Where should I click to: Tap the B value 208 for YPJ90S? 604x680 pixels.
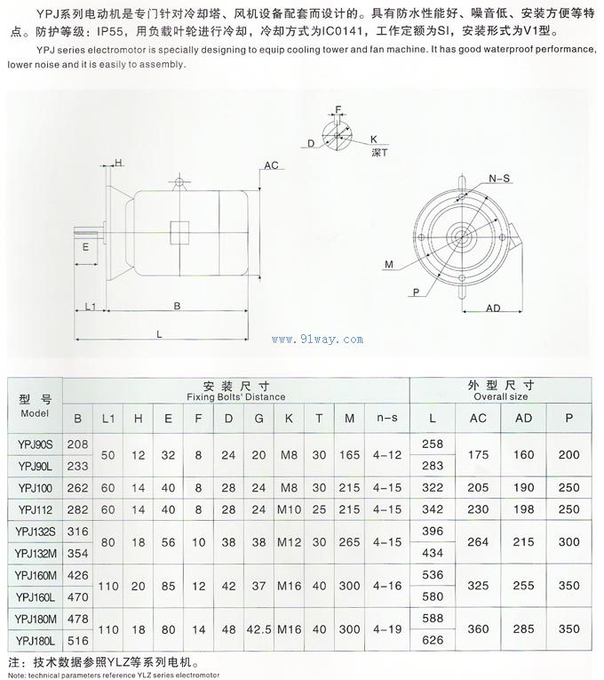click(x=78, y=444)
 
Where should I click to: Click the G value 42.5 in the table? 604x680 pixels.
click(x=258, y=629)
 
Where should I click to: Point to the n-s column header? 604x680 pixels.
click(x=385, y=418)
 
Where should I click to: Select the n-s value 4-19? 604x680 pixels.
click(x=385, y=629)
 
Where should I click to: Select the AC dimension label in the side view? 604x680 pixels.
click(x=272, y=165)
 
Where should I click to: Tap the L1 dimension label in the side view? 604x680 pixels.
click(x=90, y=306)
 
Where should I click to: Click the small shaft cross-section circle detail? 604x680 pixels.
click(x=337, y=135)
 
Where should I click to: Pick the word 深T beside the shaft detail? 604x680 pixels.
click(x=378, y=152)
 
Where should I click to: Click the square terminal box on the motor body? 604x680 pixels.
click(x=181, y=231)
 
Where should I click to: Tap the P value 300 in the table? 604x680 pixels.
click(x=569, y=542)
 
